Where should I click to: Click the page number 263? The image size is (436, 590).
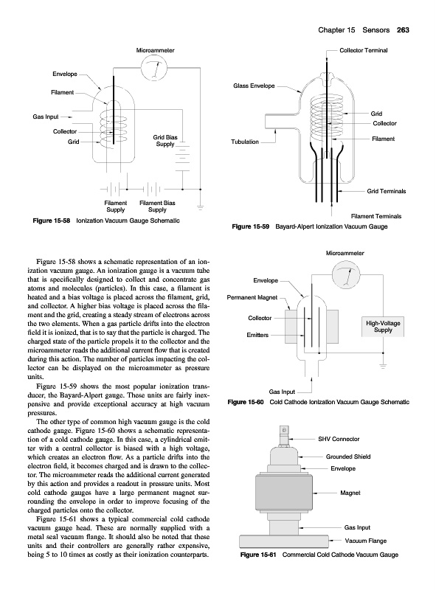tap(403, 30)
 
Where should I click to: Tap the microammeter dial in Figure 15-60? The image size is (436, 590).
tap(346, 275)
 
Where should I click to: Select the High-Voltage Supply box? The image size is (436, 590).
tap(383, 326)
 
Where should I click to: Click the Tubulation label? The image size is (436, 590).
tap(245, 142)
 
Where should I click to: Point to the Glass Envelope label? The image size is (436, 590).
tap(254, 86)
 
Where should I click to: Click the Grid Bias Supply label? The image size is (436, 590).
tap(165, 141)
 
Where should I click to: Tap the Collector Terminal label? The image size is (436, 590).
tap(363, 50)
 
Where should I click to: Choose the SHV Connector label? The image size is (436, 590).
tap(339, 439)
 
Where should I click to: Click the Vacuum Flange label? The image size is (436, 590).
tap(366, 541)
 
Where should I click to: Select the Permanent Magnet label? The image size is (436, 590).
tap(252, 297)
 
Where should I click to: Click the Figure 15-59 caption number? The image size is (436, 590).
tap(251, 226)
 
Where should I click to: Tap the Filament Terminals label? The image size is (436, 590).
tap(376, 216)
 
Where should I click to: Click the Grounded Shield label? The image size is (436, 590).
tap(348, 457)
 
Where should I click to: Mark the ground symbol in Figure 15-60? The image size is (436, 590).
tap(383, 365)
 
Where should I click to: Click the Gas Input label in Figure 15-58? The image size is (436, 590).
tap(46, 117)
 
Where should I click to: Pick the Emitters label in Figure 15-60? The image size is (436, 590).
tap(257, 335)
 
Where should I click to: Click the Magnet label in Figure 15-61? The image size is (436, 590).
tap(350, 493)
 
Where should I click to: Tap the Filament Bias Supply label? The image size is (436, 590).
tap(157, 206)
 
